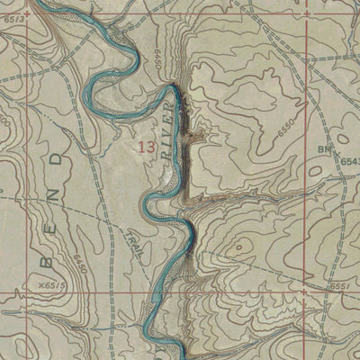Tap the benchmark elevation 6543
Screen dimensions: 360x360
349,159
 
